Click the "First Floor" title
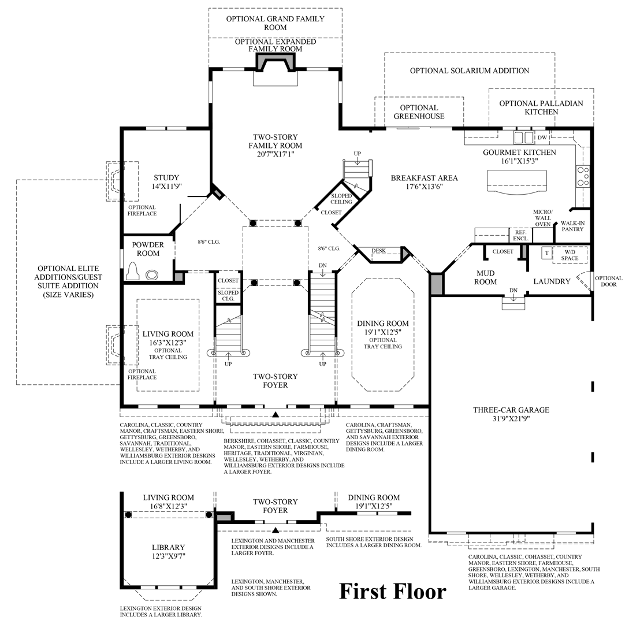pyautogui.click(x=392, y=591)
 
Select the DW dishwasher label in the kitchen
pyautogui.click(x=542, y=138)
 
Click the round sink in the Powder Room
pyautogui.click(x=152, y=274)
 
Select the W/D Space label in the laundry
pyautogui.click(x=570, y=255)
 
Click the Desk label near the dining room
pyautogui.click(x=378, y=251)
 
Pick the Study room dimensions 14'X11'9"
pyautogui.click(x=166, y=187)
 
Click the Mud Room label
pyautogui.click(x=486, y=277)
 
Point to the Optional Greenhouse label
pyautogui.click(x=419, y=112)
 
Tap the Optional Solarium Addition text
pyautogui.click(x=470, y=70)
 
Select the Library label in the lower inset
pyautogui.click(x=168, y=547)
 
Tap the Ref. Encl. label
pyautogui.click(x=520, y=235)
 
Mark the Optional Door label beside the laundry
pyautogui.click(x=608, y=281)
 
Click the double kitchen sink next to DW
pyautogui.click(x=524, y=138)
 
